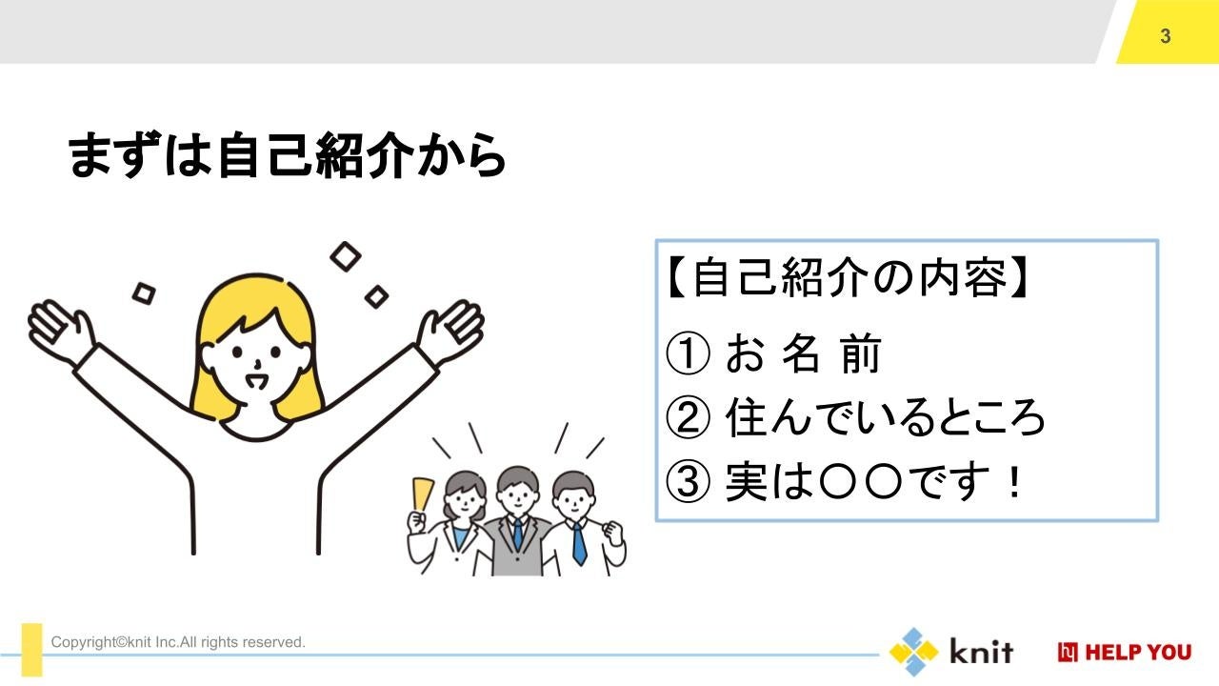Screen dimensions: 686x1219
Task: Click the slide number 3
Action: point(1166,36)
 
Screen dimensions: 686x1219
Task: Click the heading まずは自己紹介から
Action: point(286,156)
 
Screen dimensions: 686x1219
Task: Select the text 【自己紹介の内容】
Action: point(848,280)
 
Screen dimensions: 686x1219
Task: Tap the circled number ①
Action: point(688,354)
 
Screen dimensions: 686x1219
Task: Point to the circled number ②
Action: point(688,419)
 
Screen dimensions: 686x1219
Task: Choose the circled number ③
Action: point(688,483)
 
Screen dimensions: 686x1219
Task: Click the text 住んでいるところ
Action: point(886,419)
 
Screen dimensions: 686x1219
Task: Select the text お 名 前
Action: point(802,354)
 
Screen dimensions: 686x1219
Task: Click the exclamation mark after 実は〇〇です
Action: point(1014,483)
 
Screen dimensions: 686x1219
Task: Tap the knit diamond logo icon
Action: point(913,652)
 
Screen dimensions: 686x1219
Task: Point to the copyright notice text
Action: point(178,642)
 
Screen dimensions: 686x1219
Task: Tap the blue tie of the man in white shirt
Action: point(578,543)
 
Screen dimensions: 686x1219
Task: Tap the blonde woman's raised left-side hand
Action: point(60,329)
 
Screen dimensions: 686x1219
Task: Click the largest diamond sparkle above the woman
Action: point(346,255)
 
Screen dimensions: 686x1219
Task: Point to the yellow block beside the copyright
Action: point(32,650)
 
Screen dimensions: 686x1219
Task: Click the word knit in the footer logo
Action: point(981,652)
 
